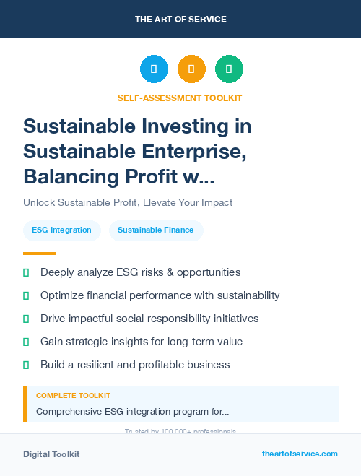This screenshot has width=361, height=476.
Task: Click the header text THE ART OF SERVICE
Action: tap(180, 20)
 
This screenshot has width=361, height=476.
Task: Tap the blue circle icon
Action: tap(154, 69)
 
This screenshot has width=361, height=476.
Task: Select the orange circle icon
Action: tap(191, 69)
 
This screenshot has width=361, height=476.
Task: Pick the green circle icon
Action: tap(229, 69)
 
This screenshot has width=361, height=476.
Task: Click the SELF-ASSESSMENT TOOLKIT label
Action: tap(180, 98)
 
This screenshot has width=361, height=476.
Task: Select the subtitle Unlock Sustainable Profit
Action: tap(128, 203)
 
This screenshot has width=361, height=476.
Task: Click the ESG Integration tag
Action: tap(61, 230)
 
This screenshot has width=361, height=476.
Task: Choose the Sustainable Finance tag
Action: tap(156, 230)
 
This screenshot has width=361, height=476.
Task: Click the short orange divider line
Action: tap(39, 254)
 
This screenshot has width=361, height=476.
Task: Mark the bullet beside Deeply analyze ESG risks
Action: tap(26, 272)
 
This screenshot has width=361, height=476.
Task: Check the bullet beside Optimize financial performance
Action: tap(26, 295)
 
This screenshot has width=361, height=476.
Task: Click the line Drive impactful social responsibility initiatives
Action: tap(149, 319)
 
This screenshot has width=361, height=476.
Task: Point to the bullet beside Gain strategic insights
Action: tap(26, 342)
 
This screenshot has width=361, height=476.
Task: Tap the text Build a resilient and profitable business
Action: tap(135, 365)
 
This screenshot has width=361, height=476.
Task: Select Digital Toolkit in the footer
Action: tap(51, 454)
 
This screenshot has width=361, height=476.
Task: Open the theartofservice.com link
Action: tap(300, 454)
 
